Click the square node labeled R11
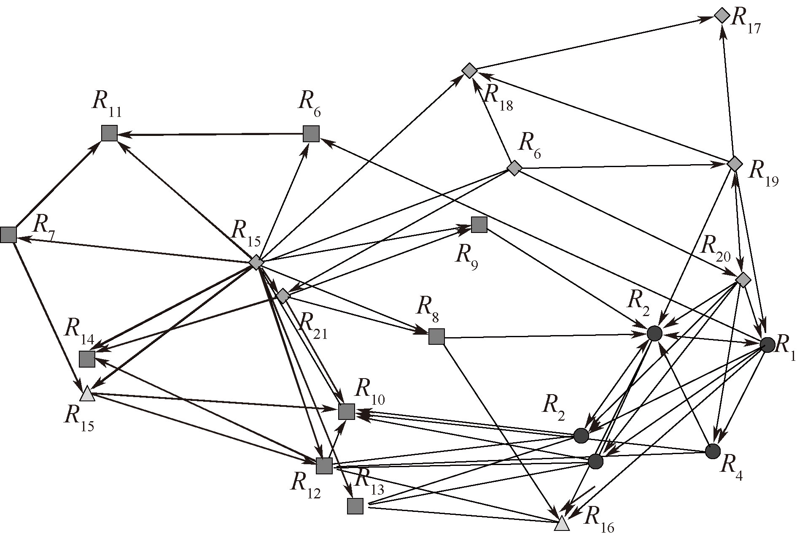click(x=109, y=133)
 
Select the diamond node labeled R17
click(x=722, y=16)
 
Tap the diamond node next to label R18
click(x=469, y=71)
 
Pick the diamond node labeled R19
click(x=735, y=163)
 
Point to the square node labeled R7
click(x=8, y=234)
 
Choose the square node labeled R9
click(x=479, y=225)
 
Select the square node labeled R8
click(x=436, y=336)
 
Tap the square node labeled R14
click(x=87, y=359)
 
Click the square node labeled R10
click(x=347, y=411)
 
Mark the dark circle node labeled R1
click(x=767, y=345)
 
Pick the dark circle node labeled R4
click(x=713, y=451)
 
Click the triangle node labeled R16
click(x=561, y=525)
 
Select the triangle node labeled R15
click(x=87, y=394)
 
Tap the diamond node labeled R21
click(x=283, y=296)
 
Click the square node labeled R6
click(x=311, y=133)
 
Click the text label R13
click(x=370, y=481)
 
